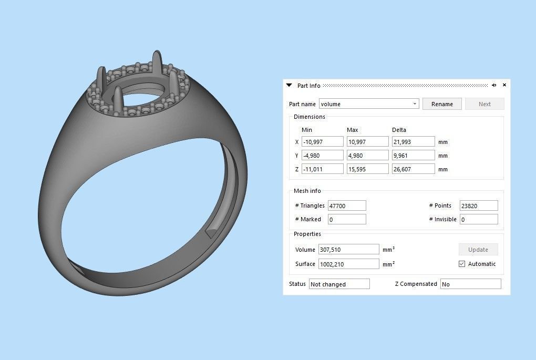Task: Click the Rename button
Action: (442, 104)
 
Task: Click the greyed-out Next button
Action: (485, 104)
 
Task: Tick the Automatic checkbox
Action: (462, 264)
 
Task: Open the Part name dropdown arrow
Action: (415, 104)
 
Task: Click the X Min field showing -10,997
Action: (322, 142)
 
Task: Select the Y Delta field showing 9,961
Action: (413, 156)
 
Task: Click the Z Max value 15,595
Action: (367, 169)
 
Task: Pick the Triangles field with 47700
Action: (346, 205)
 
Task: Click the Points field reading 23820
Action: (478, 205)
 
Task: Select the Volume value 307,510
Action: (348, 250)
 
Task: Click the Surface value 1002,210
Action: (348, 264)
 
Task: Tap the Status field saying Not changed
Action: (339, 284)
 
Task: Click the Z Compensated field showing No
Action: (470, 284)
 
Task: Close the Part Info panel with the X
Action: (504, 85)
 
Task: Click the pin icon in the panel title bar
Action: (494, 85)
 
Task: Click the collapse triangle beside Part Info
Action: (289, 85)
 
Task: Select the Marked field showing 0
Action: (346, 219)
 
